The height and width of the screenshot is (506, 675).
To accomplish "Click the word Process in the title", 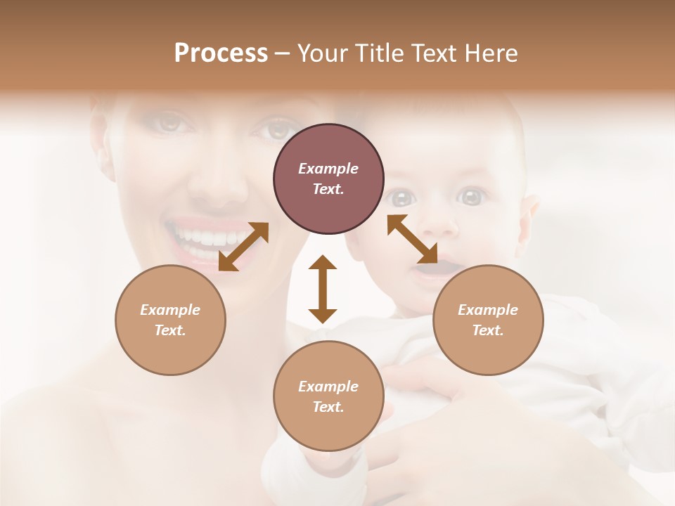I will pos(221,53).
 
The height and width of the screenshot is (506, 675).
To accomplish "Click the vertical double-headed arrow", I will pos(323,289).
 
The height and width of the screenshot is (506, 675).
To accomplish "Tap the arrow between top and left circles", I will pos(243,247).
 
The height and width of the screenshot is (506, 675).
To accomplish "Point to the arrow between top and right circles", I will pos(412,239).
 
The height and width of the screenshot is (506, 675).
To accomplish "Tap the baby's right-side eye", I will pos(472,196).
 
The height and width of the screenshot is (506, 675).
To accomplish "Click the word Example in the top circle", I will pos(328,169).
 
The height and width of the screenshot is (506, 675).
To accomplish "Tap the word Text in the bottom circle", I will pos(328,407).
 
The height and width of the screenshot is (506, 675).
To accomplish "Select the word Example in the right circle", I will pos(488,310).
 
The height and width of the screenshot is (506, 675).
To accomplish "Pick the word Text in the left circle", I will pos(170,330).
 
